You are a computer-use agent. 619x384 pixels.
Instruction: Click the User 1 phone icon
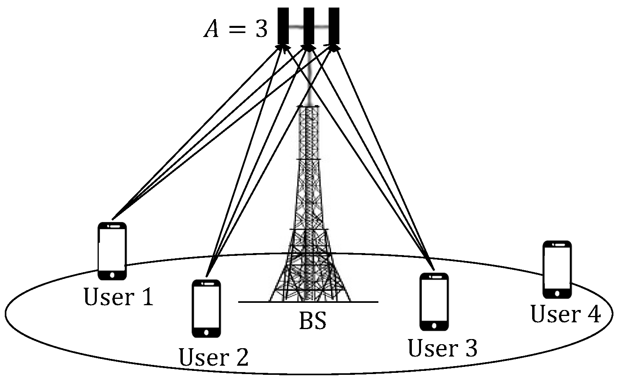point(112,251)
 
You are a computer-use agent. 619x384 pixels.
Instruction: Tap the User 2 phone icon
point(206,308)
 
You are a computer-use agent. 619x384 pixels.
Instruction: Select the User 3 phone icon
point(434,302)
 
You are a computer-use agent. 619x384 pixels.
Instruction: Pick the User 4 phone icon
point(557,269)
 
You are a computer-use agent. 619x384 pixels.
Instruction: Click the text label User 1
point(118,297)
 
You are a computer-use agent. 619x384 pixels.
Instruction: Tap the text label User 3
point(442,348)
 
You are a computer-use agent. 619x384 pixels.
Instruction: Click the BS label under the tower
point(313,321)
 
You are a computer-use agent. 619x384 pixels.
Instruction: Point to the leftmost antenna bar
point(283,25)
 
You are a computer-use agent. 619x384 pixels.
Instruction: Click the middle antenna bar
point(309,25)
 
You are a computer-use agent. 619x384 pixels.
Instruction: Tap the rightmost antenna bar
point(334,25)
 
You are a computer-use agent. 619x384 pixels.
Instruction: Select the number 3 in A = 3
point(261,29)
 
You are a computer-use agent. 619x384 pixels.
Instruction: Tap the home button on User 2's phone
point(206,332)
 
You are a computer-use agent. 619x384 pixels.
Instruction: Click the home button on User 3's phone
point(434,326)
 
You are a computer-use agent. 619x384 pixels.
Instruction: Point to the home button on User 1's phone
point(112,275)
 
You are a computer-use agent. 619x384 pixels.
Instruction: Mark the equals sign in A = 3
point(237,30)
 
